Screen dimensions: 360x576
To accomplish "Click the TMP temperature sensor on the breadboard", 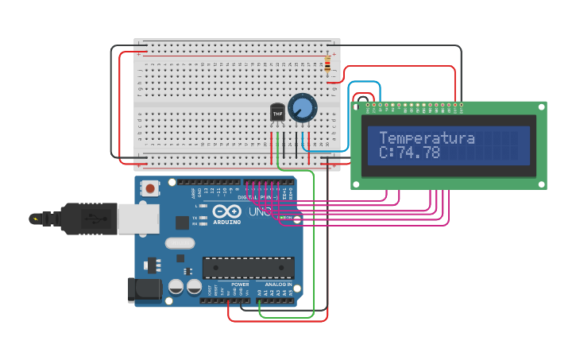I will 277,114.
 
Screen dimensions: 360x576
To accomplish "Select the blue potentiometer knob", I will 302,107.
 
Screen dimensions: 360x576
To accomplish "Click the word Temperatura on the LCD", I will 427,138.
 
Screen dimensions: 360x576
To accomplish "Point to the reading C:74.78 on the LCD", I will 409,153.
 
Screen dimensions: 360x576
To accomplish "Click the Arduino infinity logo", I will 226,212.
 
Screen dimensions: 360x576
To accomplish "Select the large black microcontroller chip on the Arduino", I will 248,268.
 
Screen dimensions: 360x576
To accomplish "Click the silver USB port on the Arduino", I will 137,218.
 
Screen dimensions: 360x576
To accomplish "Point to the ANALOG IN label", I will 278,285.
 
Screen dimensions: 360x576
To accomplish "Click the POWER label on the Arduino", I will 240,285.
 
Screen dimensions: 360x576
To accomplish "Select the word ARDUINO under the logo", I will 226,223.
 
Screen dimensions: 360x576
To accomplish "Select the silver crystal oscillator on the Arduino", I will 180,244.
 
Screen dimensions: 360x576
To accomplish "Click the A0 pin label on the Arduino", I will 259,292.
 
